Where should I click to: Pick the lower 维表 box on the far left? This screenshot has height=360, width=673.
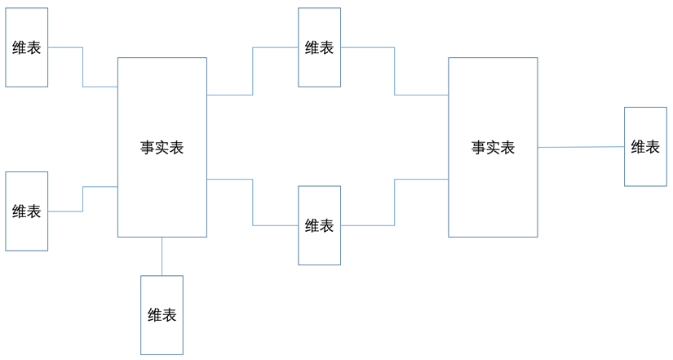27,233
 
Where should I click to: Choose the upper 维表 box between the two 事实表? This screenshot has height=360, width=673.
319,69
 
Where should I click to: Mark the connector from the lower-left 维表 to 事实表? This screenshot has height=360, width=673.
82,199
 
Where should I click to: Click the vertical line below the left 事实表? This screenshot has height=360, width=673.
162,256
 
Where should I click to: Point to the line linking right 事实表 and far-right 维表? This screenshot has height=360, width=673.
581,148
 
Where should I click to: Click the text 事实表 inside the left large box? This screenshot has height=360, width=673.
162,148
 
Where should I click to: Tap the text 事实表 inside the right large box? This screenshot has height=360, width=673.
493,148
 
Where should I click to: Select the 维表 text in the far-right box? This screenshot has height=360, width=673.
645,147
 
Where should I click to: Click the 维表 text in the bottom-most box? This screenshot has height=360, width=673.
162,315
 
